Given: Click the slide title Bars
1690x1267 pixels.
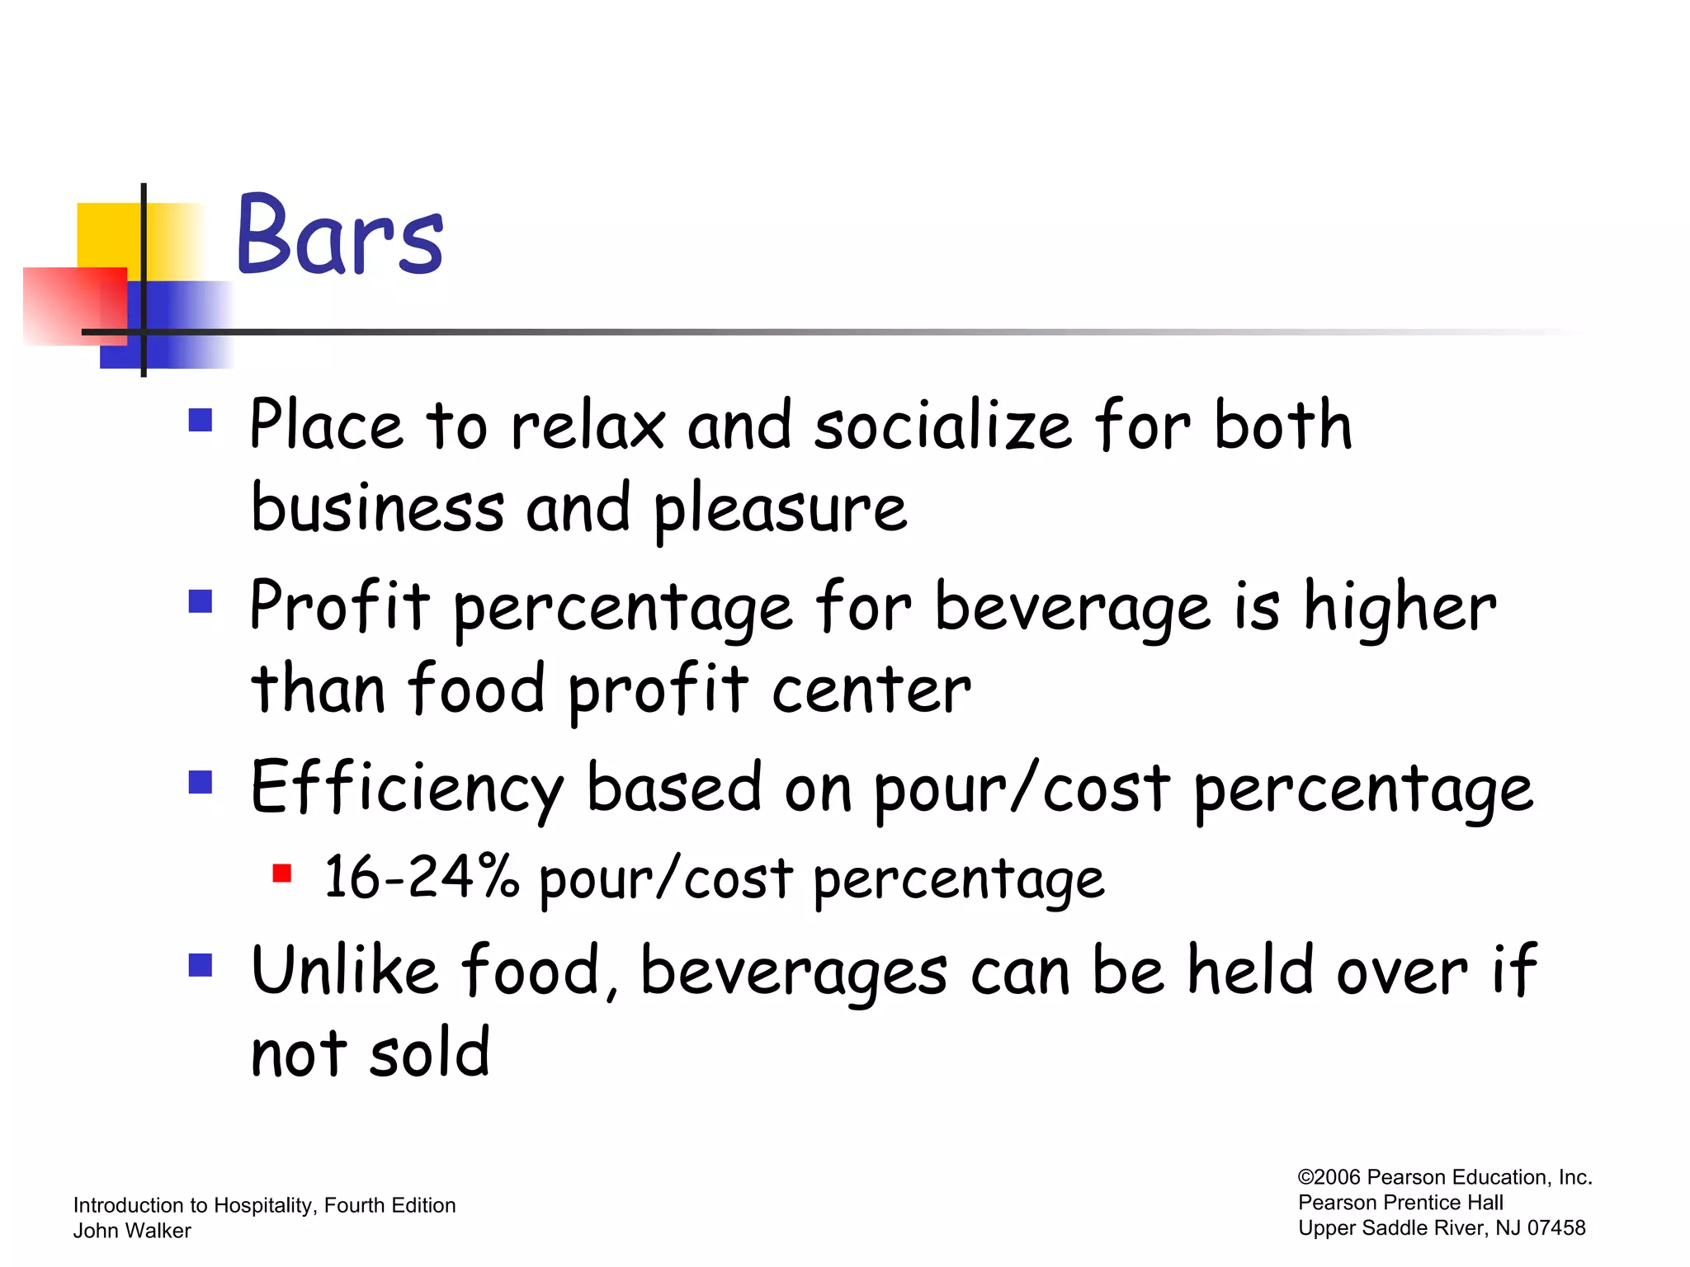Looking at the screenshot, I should (339, 235).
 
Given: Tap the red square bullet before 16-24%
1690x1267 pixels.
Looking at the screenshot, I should (282, 873).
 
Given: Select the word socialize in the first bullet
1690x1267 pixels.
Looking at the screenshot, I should (942, 426).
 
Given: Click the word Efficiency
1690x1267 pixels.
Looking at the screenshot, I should (407, 789).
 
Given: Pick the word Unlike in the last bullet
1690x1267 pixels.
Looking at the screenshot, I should (344, 971).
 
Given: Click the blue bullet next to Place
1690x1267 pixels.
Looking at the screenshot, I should (201, 420).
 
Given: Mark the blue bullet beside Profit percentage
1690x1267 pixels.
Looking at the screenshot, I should (201, 601).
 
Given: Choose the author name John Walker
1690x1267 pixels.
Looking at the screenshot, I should (132, 1231).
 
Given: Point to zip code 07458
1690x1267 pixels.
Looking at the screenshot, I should (1555, 1228).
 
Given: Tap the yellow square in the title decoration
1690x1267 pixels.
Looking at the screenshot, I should (107, 235).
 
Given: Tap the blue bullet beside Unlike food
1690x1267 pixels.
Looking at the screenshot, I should (201, 964).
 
